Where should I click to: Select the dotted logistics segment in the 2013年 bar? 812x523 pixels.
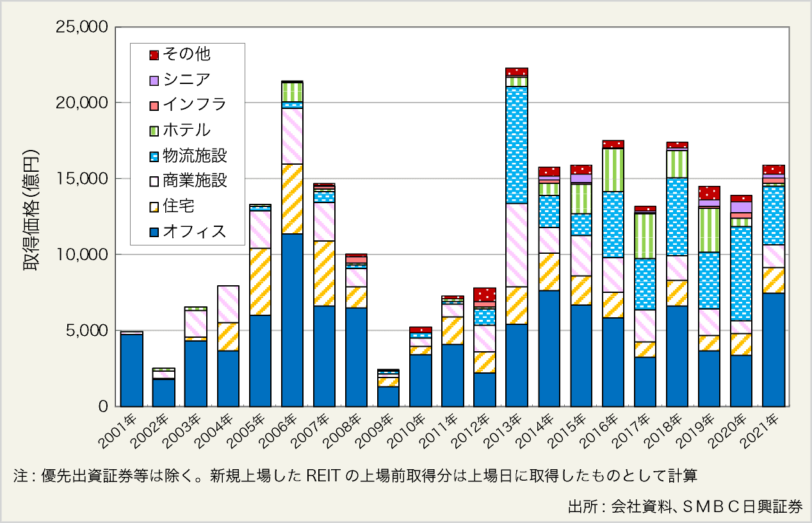517,145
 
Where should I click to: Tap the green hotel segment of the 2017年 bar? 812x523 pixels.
646,236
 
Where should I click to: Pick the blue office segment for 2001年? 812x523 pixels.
132,370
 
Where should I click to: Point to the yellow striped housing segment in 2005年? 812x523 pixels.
260,281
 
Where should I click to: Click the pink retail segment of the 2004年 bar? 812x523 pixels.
228,304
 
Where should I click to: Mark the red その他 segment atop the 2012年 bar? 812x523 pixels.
485,294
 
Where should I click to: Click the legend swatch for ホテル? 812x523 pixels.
154,131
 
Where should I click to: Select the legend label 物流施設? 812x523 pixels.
195,156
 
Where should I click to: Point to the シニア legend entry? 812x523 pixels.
186,80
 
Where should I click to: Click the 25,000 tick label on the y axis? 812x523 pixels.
85,27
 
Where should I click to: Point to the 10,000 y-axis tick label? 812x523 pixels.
85,254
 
